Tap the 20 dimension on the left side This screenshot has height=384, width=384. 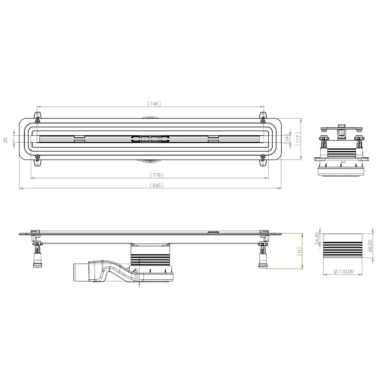click(x=5, y=140)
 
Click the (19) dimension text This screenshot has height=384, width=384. click(x=287, y=139)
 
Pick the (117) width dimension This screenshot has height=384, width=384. click(x=298, y=139)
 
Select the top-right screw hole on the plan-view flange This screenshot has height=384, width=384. click(x=263, y=120)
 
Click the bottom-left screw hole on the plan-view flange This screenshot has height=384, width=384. click(x=37, y=156)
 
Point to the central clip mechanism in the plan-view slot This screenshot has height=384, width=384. click(x=150, y=139)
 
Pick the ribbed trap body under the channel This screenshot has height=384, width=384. click(x=149, y=262)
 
